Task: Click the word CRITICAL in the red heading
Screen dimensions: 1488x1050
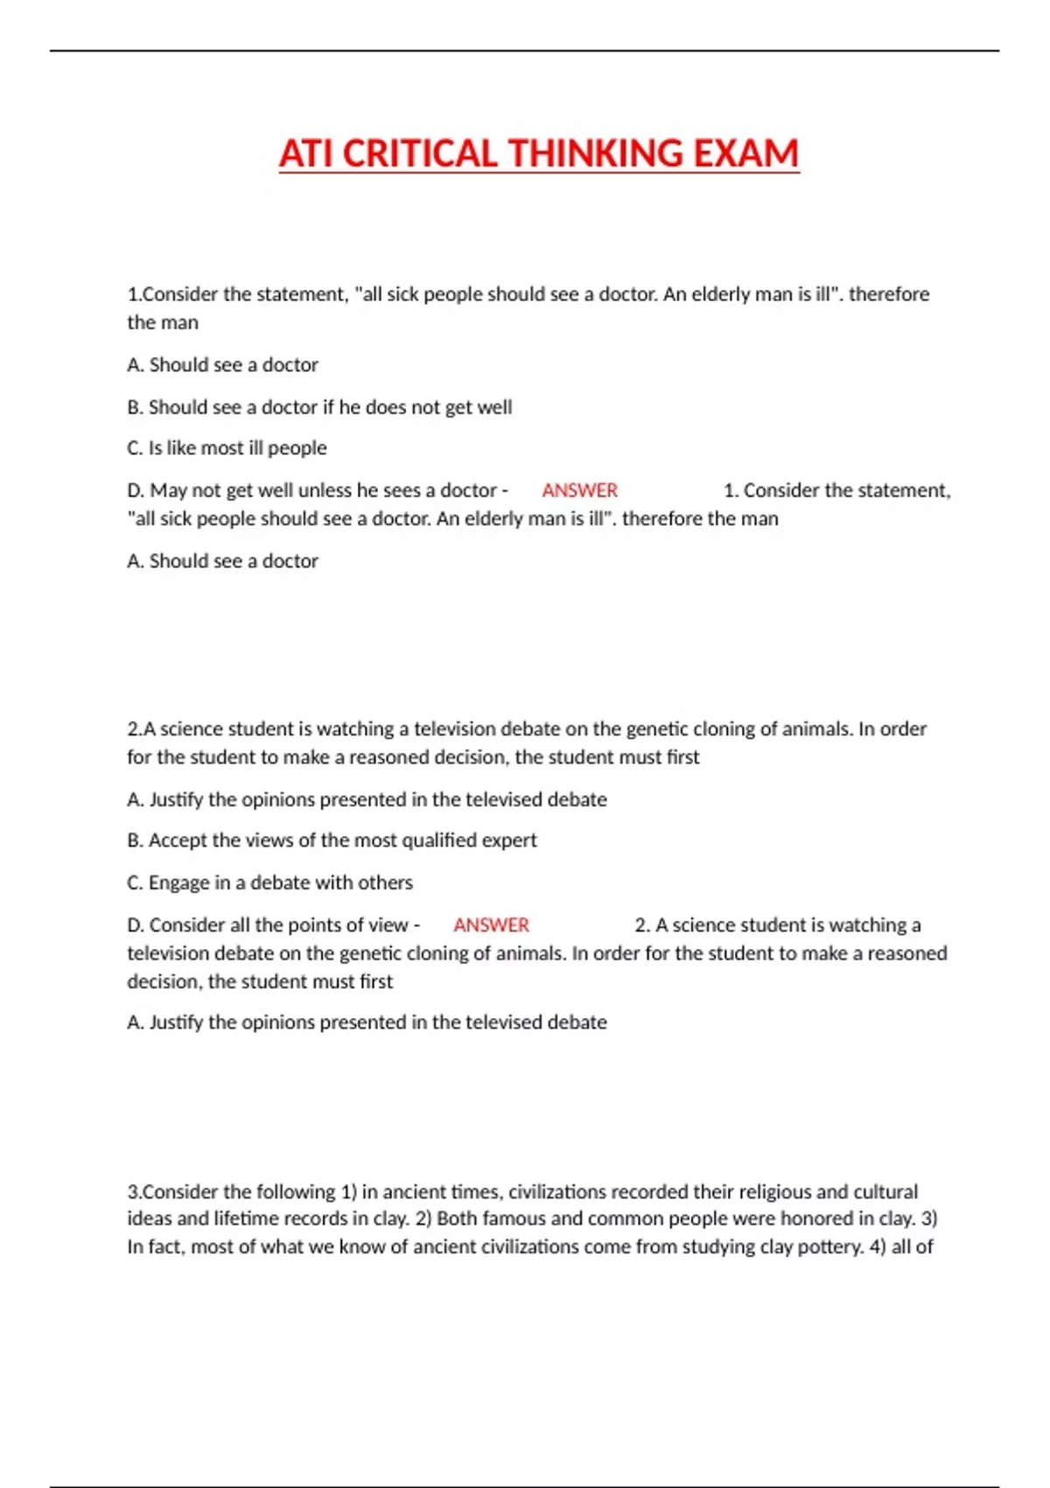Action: [419, 154]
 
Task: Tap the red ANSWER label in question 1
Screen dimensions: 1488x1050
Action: [579, 490]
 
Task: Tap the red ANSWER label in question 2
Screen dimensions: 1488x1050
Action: [491, 925]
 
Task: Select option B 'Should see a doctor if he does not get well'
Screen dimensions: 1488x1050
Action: [319, 407]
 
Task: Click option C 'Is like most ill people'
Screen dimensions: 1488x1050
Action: [227, 448]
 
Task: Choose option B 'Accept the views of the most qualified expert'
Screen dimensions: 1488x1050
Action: [332, 840]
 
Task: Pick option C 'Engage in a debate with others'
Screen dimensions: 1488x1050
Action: [269, 882]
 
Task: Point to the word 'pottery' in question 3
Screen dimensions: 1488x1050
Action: [829, 1246]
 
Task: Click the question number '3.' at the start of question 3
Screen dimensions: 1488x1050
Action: [134, 1192]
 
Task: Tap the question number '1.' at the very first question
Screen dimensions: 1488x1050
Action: [134, 295]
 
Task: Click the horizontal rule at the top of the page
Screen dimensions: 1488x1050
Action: [525, 51]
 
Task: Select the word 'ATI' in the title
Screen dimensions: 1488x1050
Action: [306, 154]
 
